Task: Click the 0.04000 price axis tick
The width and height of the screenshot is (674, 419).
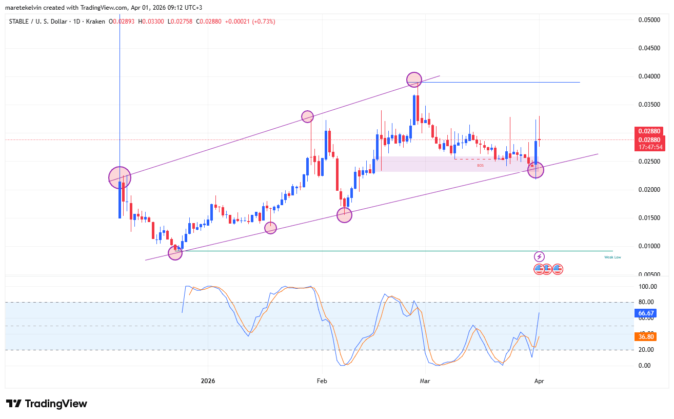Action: point(649,76)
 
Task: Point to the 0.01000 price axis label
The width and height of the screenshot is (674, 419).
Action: point(649,246)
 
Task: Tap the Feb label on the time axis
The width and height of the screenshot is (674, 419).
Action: point(322,381)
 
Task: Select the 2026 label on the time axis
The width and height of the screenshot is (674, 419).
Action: point(208,381)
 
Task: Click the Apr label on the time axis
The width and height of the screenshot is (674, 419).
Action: point(539,381)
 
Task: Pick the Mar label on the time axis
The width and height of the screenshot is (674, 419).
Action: point(425,381)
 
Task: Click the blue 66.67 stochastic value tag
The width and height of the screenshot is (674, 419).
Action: point(644,313)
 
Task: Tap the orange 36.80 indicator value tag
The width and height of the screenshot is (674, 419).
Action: point(644,337)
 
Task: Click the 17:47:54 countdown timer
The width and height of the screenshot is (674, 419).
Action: point(649,147)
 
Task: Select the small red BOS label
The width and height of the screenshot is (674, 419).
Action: point(480,166)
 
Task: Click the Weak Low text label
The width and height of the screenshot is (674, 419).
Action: point(612,257)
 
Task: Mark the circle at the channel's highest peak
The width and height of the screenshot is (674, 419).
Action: point(414,79)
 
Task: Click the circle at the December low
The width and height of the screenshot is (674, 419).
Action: point(175,253)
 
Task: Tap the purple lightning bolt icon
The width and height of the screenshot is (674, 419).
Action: point(539,256)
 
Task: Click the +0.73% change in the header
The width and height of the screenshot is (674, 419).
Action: point(264,22)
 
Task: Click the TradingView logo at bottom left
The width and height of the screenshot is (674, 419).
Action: point(47,404)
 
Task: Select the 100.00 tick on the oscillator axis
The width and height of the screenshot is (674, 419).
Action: point(647,287)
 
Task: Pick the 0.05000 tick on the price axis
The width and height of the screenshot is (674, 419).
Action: point(649,20)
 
